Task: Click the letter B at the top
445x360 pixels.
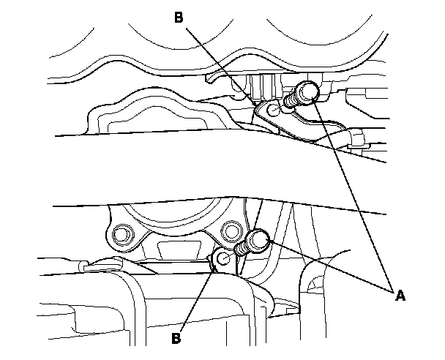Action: point(179,18)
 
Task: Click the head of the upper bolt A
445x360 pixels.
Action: point(307,91)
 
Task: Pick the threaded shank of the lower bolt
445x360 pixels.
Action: point(242,251)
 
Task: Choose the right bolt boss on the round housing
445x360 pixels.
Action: point(233,228)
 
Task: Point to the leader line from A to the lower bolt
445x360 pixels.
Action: point(329,266)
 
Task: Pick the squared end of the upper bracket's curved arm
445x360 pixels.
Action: point(359,137)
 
